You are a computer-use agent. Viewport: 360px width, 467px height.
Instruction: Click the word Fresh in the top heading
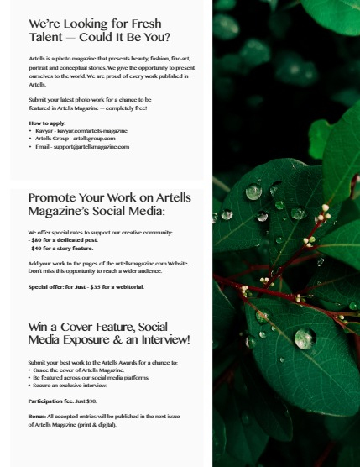tap(142, 24)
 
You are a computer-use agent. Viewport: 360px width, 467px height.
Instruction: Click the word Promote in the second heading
tap(57, 197)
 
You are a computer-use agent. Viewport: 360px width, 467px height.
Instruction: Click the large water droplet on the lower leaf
tap(304, 338)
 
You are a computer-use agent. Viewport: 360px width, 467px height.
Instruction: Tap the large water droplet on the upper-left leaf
tap(253, 192)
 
